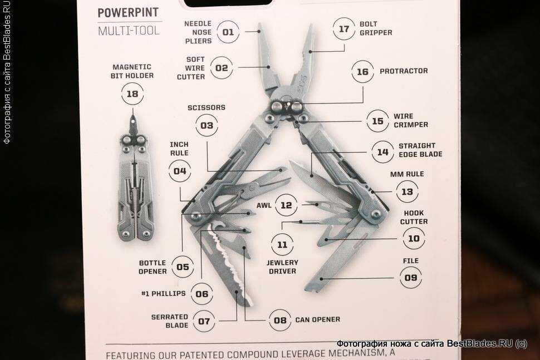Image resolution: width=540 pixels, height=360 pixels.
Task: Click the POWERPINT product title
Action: tap(128, 13)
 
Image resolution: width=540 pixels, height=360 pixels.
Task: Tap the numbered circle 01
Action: tap(228, 32)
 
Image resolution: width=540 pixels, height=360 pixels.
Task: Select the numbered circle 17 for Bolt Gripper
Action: tap(344, 29)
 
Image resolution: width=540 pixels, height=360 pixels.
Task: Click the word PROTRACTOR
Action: tap(404, 71)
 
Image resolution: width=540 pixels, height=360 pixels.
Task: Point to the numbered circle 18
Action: tap(132, 93)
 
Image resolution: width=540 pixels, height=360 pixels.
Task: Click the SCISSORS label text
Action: tap(207, 107)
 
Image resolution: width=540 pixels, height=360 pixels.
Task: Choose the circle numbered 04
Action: tap(180, 171)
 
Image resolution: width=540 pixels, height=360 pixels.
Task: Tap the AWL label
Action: tap(264, 205)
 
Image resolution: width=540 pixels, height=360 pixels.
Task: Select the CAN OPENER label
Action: tap(317, 320)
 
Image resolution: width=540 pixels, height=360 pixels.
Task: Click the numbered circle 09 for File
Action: tap(411, 278)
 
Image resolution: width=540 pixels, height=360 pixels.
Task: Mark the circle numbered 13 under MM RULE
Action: tap(408, 191)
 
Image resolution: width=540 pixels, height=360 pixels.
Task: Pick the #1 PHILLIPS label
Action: tap(164, 294)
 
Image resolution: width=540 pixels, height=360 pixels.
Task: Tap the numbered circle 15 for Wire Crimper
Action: tap(378, 121)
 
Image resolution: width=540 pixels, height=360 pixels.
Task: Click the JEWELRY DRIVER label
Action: tap(282, 267)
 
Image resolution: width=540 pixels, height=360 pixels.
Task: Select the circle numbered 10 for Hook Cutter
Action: tap(414, 238)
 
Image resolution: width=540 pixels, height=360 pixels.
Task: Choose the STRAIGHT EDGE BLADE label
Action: tap(420, 150)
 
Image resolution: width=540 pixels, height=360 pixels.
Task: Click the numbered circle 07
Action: tap(204, 322)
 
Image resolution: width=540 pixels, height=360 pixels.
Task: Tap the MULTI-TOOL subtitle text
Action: tap(129, 31)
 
